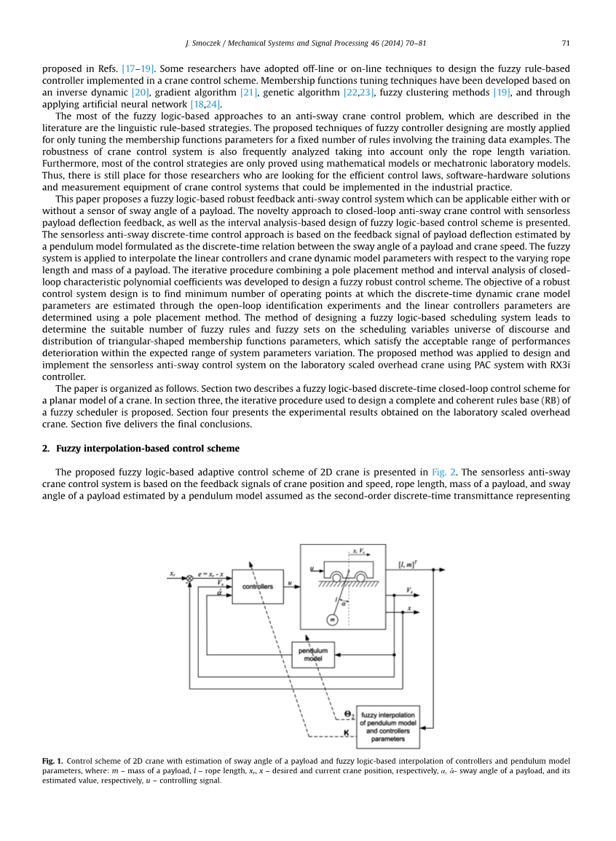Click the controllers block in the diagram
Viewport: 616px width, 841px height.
(257, 587)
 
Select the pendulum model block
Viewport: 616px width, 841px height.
(313, 654)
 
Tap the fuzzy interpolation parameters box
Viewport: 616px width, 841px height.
(388, 727)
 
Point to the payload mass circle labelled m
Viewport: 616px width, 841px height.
(332, 620)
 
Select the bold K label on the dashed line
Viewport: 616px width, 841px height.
(346, 733)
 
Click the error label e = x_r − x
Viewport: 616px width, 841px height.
(211, 574)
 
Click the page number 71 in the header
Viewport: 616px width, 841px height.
(565, 43)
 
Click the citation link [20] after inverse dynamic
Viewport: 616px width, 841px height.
(141, 92)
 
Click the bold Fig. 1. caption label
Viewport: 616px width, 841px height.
(52, 761)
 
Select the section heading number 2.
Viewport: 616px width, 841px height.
(45, 448)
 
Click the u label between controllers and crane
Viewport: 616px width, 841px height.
(290, 583)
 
